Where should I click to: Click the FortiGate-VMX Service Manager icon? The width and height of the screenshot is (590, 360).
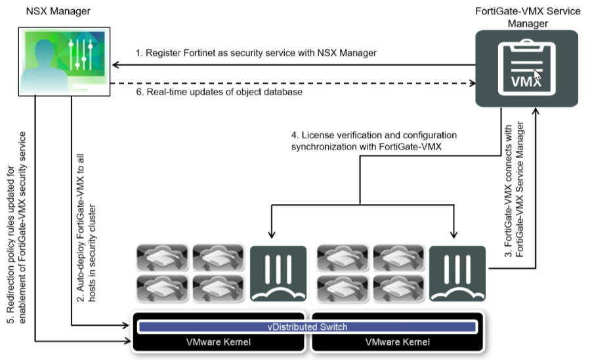[x=527, y=68]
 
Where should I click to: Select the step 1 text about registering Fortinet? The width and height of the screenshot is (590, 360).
[x=255, y=53]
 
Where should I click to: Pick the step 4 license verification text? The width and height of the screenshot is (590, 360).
[x=374, y=141]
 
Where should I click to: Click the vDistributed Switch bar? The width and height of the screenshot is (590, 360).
[x=307, y=327]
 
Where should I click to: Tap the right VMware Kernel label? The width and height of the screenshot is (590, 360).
[x=397, y=342]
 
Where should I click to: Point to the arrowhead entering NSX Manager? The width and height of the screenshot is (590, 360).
[x=115, y=65]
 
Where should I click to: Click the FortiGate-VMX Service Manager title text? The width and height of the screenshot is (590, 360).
[x=527, y=17]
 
